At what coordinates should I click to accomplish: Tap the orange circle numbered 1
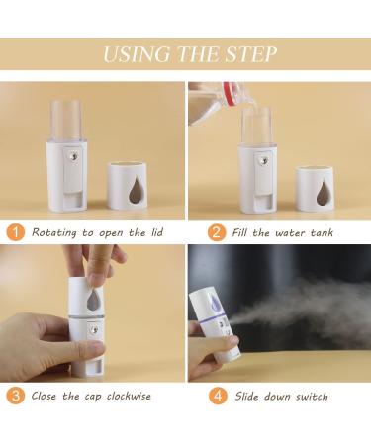17,233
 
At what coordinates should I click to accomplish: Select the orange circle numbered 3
17,397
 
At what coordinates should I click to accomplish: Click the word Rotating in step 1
57,233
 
